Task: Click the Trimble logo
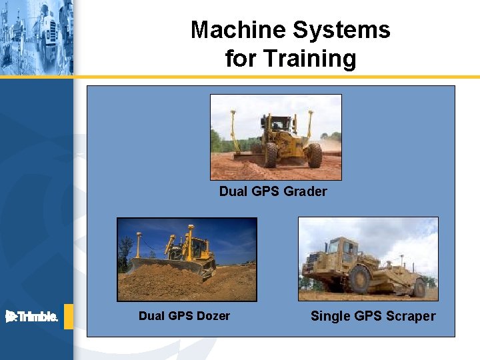[x=32, y=317]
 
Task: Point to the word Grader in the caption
[x=305, y=191]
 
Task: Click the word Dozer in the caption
[x=213, y=316]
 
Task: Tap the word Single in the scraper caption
[x=329, y=316]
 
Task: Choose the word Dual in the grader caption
[x=233, y=191]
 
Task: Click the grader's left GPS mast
[x=233, y=130]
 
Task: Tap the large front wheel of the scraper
[x=359, y=278]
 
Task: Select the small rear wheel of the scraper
[x=419, y=287]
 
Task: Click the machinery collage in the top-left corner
[x=36, y=37]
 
